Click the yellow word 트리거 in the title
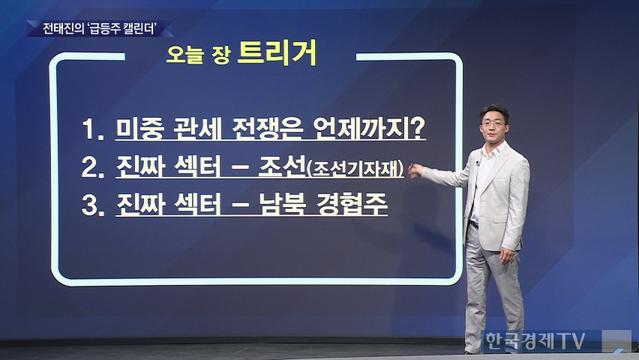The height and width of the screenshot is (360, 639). point(277,52)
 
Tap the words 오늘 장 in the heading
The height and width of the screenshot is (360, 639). point(199,55)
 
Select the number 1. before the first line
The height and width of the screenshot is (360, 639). point(93,129)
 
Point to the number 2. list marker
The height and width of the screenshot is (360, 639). point(93,166)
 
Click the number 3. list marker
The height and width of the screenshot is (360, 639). point(93,205)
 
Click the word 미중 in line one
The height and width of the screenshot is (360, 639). point(139,128)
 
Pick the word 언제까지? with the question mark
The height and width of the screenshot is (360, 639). point(370,128)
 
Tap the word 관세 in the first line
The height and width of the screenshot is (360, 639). point(197,128)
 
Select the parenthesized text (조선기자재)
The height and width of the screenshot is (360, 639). point(355,168)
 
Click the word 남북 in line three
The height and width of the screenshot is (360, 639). point(283,204)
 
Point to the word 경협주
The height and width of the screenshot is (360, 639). point(352,204)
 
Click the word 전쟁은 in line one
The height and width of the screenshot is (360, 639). point(267,128)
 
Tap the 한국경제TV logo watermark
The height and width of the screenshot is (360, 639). point(535,340)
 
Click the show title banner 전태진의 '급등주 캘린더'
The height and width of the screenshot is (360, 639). point(100,28)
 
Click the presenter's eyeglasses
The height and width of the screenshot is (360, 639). point(493,123)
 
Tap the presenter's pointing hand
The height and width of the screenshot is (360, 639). point(415,170)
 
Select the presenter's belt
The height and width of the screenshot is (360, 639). point(473,225)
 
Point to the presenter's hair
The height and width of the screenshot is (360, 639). point(494,111)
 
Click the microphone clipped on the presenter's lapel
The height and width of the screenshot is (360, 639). point(478,163)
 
